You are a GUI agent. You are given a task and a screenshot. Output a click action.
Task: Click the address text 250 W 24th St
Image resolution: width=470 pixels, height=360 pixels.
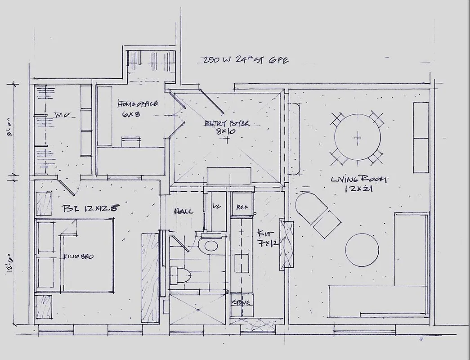point(245,60)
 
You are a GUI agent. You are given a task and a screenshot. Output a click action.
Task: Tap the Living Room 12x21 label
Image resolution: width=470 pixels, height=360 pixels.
point(358,184)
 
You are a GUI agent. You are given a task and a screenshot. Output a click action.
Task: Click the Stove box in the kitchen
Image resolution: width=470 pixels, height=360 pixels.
point(242,302)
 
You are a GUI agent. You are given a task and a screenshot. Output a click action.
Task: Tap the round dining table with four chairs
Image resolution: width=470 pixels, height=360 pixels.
point(358,137)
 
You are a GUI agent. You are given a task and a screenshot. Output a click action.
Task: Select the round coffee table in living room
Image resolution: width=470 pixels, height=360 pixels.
point(362,250)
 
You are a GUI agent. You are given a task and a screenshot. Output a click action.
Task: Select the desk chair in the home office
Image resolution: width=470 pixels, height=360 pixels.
point(130,142)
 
